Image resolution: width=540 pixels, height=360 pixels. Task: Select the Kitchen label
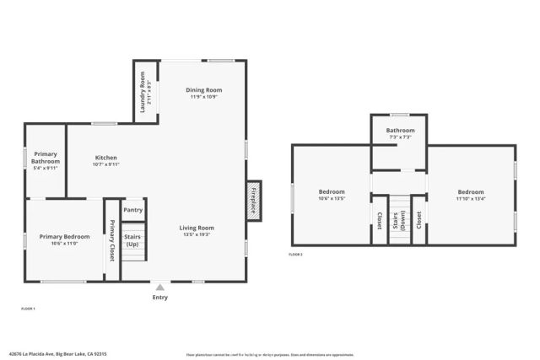[105, 158]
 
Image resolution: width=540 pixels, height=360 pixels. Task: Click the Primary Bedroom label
[64, 237]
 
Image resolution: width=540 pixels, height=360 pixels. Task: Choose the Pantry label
[132, 210]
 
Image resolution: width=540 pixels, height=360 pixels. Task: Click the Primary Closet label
[111, 240]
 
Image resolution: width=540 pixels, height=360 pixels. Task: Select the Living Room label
[197, 228]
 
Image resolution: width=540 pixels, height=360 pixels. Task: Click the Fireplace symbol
[253, 201]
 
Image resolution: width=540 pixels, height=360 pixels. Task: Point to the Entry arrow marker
[159, 287]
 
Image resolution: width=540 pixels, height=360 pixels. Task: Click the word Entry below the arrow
[159, 298]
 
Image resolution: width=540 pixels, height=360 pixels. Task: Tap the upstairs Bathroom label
[400, 131]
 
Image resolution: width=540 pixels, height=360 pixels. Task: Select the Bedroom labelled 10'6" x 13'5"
[332, 192]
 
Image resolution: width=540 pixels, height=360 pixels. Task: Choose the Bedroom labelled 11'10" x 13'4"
[471, 192]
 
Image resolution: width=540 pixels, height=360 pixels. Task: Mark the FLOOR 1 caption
[27, 310]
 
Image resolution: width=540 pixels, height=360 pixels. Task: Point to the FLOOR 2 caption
[295, 254]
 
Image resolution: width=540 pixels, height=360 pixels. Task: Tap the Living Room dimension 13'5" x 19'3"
[197, 234]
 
